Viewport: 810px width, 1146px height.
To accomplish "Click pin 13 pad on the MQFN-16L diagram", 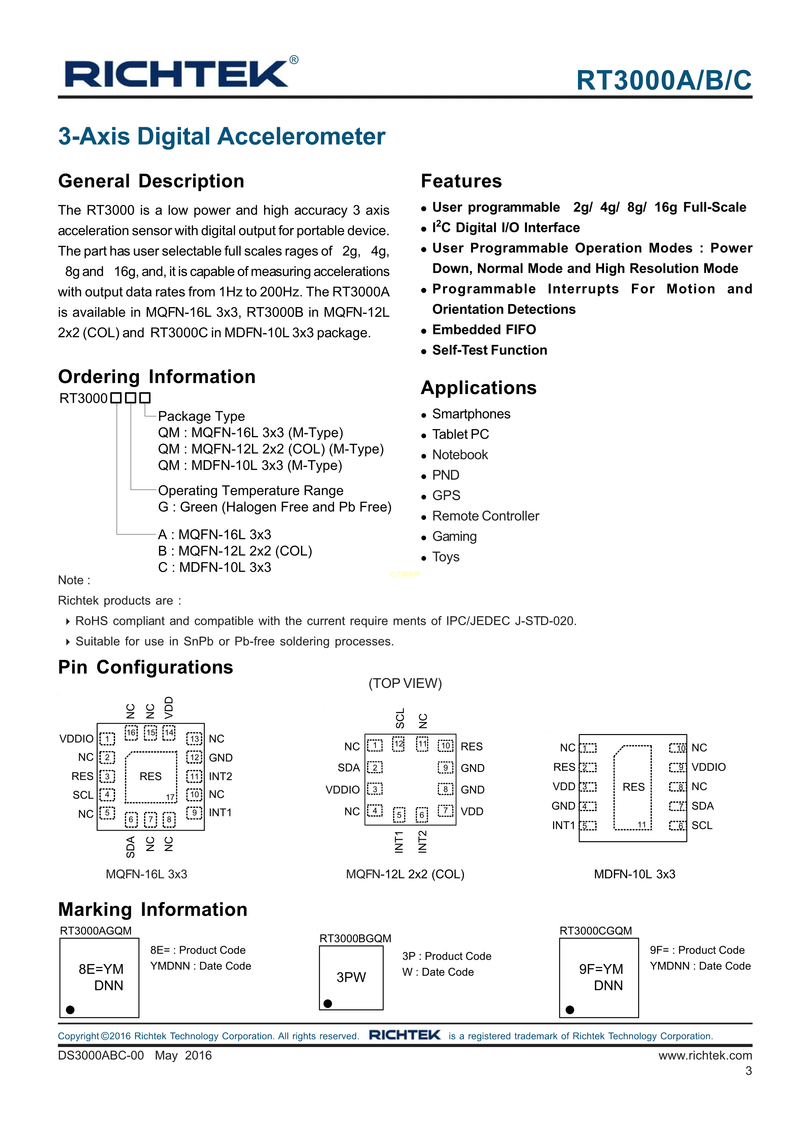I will [194, 738].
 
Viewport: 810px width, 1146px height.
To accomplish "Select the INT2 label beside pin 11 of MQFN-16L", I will [220, 776].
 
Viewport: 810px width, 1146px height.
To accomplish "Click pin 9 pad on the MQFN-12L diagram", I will [445, 768].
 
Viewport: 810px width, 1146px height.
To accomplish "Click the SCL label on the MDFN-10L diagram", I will [702, 825].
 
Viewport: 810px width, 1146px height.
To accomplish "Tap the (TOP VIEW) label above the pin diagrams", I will [405, 683].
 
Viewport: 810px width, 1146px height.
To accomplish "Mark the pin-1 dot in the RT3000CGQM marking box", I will [570, 1010].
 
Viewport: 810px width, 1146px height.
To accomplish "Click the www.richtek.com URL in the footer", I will [705, 1055].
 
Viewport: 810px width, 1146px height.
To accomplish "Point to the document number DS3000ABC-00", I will [101, 1055].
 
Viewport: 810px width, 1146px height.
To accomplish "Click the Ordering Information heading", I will [157, 377].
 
